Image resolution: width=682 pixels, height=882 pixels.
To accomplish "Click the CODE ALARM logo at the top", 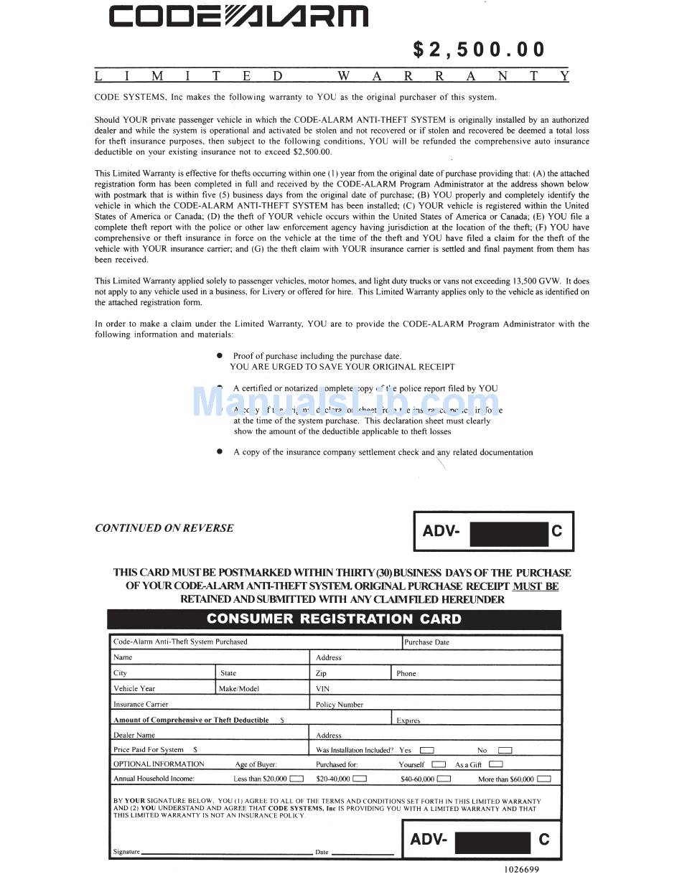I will [x=238, y=16].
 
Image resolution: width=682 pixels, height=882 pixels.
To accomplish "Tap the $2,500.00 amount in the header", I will [x=479, y=50].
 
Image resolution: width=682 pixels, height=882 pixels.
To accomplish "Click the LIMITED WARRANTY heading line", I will [x=332, y=76].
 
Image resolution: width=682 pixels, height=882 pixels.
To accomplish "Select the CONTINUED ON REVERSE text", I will [x=164, y=528].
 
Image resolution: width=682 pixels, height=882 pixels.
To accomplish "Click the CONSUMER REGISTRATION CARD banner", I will [x=334, y=619].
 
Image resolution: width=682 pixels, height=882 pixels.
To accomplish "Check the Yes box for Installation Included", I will [x=427, y=750].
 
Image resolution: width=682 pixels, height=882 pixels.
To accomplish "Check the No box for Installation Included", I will [x=505, y=750].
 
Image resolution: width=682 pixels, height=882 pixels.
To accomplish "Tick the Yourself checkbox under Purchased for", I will [x=439, y=764].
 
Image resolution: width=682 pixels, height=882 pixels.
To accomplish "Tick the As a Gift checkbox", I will [x=495, y=764].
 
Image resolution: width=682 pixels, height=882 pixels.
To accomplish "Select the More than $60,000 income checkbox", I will [x=544, y=779].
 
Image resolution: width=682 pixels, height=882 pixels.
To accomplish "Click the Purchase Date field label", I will [x=426, y=642].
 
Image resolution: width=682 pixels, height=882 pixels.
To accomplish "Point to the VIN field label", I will [x=322, y=688].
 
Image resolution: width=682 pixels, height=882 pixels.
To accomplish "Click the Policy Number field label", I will [x=340, y=705].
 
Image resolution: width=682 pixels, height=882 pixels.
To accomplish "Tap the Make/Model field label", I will [x=239, y=688].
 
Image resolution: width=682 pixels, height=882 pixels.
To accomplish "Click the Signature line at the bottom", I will [x=226, y=851].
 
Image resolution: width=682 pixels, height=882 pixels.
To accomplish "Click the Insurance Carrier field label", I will [x=141, y=704].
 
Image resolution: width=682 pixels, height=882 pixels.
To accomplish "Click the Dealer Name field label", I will [x=134, y=735].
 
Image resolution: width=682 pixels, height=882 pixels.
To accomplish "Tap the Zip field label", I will [x=321, y=673].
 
